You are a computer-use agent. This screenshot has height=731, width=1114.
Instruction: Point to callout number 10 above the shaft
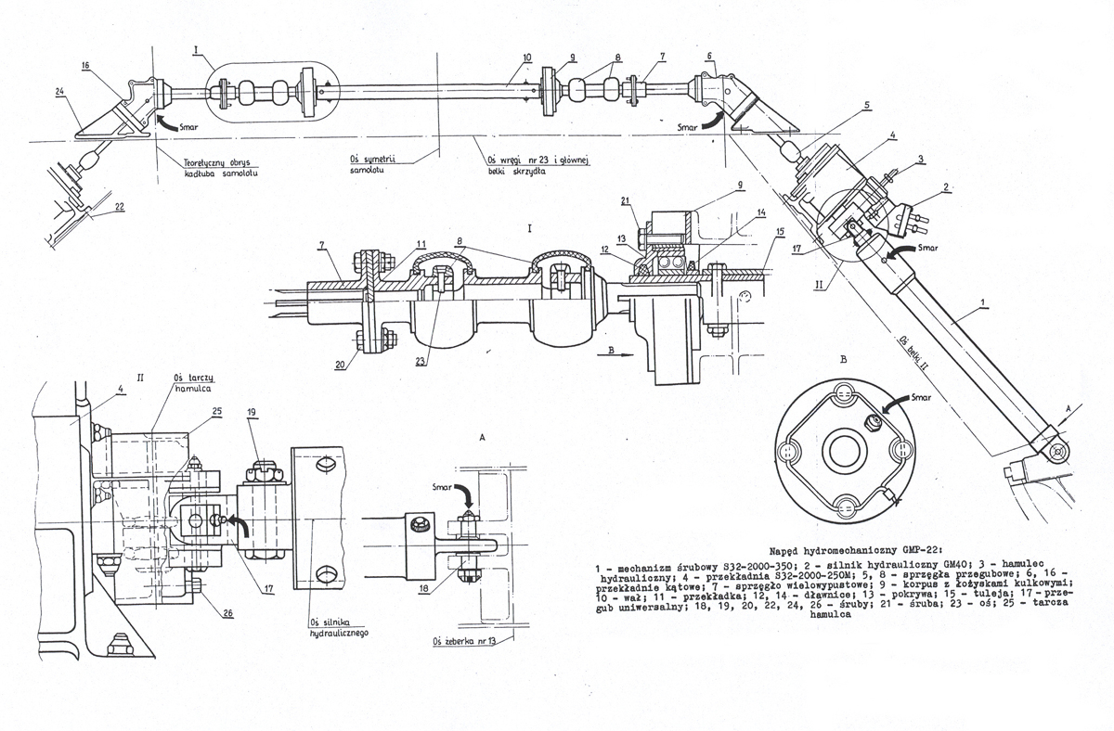coord(526,58)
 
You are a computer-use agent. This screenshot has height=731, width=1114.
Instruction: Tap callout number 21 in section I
coord(626,203)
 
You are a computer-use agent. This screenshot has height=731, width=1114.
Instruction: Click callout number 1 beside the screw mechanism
coord(983,303)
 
